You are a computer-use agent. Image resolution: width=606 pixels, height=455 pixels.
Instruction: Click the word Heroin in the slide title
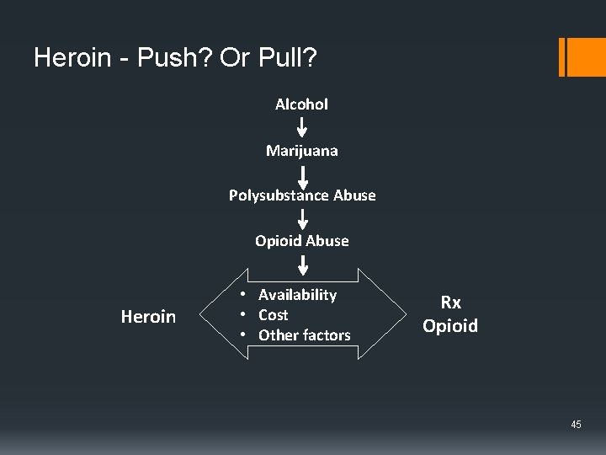[72, 58]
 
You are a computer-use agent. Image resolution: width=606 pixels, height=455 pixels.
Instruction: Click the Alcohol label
[301, 104]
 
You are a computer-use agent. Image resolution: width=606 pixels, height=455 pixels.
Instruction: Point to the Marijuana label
[301, 151]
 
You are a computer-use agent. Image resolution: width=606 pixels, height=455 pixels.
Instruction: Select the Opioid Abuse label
[301, 241]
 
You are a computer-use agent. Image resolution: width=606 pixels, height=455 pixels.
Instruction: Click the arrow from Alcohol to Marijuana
[302, 127]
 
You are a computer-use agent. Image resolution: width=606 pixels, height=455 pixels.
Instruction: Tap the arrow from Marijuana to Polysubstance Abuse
[303, 174]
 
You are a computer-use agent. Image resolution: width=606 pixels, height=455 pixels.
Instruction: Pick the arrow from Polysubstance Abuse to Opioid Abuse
[303, 219]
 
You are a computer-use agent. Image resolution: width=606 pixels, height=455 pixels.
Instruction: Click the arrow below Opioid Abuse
[303, 264]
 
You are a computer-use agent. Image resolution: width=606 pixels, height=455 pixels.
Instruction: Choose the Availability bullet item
[297, 295]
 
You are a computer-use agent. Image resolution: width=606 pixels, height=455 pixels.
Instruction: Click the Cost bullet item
[273, 315]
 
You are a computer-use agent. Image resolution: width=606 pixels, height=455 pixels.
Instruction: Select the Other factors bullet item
[304, 335]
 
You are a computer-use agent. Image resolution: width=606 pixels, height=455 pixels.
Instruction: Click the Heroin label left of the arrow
[148, 317]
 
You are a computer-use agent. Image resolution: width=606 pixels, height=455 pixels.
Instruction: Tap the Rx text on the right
[450, 302]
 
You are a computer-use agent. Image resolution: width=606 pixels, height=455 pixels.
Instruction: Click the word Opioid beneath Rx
[450, 326]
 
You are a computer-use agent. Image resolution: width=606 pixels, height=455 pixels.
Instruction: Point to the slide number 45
[576, 425]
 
